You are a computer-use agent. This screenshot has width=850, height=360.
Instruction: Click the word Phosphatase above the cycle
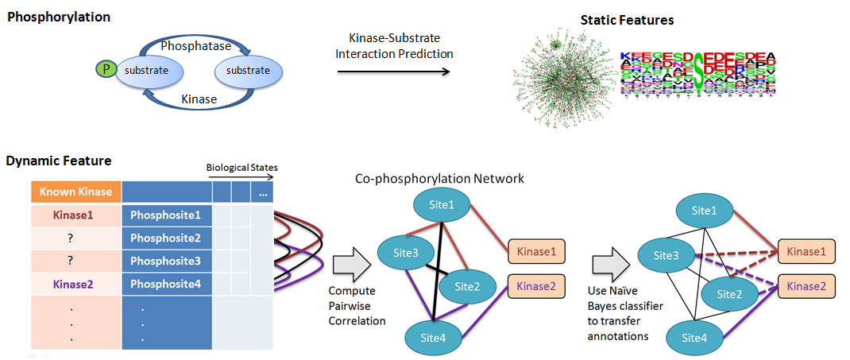(196, 46)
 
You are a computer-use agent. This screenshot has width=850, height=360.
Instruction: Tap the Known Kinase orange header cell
(76, 192)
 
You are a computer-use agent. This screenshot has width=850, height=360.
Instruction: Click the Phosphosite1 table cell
(166, 215)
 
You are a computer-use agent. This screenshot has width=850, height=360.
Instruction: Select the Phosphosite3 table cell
(166, 261)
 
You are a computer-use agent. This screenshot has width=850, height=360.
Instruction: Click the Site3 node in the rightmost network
(666, 256)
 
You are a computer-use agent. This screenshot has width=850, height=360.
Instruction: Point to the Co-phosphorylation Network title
(439, 179)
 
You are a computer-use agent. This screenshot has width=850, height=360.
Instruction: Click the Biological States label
(241, 168)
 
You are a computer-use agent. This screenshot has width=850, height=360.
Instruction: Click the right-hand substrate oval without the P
(248, 71)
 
